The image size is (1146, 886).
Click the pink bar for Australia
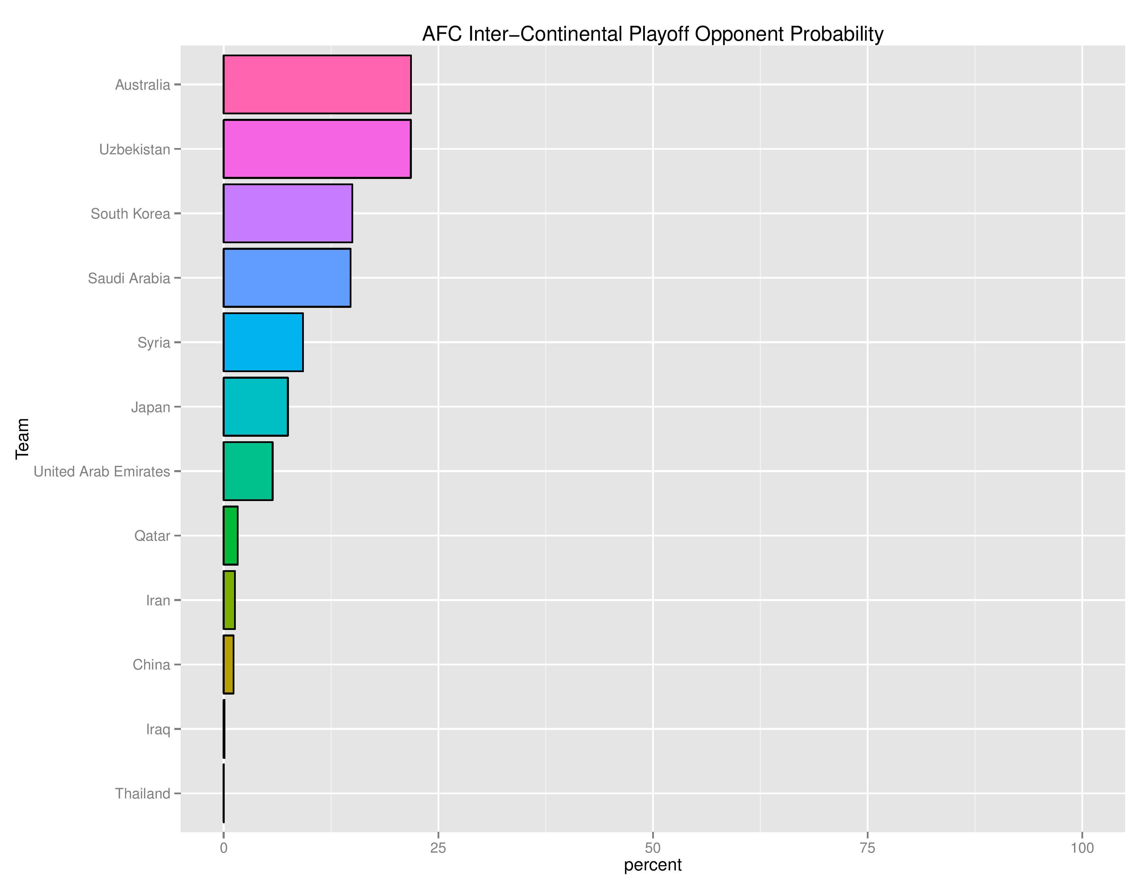(317, 84)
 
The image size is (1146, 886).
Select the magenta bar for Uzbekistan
(317, 149)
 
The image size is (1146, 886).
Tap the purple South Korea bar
(288, 213)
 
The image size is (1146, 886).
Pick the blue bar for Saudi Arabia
(286, 278)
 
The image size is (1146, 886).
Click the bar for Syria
(263, 342)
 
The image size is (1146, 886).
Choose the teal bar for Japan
(256, 407)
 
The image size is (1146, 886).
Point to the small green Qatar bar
(230, 535)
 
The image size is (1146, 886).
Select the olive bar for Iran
(229, 600)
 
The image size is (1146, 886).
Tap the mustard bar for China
(228, 664)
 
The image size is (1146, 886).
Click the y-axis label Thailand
(143, 794)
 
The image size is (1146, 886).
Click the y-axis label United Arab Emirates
(102, 472)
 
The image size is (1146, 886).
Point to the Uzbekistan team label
(135, 150)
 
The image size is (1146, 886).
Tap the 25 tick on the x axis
(438, 848)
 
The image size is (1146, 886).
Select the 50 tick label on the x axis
(653, 848)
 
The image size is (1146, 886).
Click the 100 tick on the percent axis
(1082, 848)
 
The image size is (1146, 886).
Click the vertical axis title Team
(22, 439)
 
